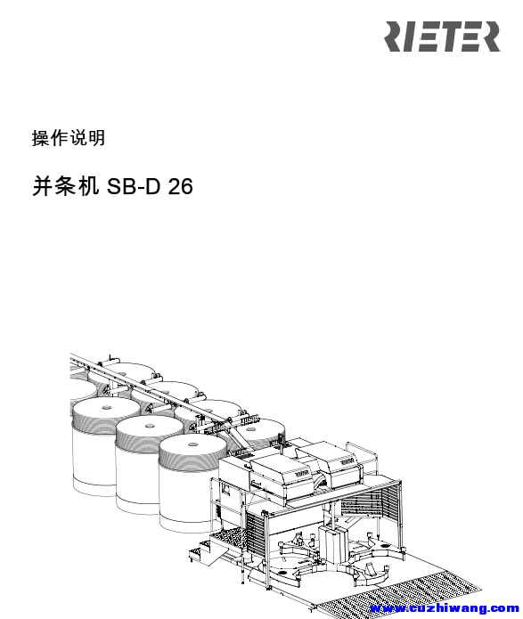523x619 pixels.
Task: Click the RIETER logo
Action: point(442,37)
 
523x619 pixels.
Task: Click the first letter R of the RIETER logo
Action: point(394,37)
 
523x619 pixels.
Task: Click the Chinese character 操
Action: point(41,138)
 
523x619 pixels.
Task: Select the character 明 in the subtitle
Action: point(97,138)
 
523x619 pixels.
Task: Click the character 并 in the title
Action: point(43,186)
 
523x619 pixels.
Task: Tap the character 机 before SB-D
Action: point(88,186)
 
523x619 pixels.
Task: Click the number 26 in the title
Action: point(181,186)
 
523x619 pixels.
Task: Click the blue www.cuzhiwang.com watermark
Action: point(445,608)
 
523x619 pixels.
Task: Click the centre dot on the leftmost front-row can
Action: point(106,407)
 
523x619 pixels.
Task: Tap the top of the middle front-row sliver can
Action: point(150,428)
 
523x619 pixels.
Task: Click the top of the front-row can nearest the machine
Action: point(193,447)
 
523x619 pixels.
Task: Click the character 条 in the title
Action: point(66,186)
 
